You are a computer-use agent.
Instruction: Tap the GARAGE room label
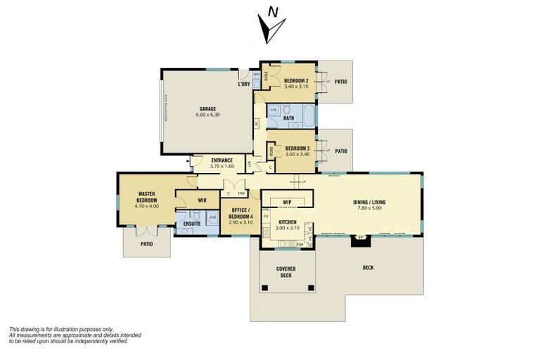(x=207, y=108)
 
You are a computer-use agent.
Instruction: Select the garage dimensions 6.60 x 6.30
(x=207, y=115)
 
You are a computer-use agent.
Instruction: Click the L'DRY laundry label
(x=244, y=84)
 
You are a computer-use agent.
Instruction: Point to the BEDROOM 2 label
(x=297, y=81)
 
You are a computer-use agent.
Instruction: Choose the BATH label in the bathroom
(x=288, y=118)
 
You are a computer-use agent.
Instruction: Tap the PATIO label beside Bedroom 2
(x=341, y=81)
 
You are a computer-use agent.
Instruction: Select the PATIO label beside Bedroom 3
(x=341, y=150)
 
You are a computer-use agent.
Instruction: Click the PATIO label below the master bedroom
(x=146, y=244)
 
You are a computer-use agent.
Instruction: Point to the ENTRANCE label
(x=222, y=160)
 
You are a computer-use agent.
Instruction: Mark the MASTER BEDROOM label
(x=146, y=197)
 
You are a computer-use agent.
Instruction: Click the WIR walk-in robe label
(x=202, y=200)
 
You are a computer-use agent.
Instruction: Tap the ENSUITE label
(x=191, y=224)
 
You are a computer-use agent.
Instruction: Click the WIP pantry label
(x=287, y=202)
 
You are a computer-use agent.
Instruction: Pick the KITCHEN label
(x=287, y=222)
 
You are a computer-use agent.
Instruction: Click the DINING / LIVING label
(x=369, y=202)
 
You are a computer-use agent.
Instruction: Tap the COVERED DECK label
(x=285, y=272)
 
